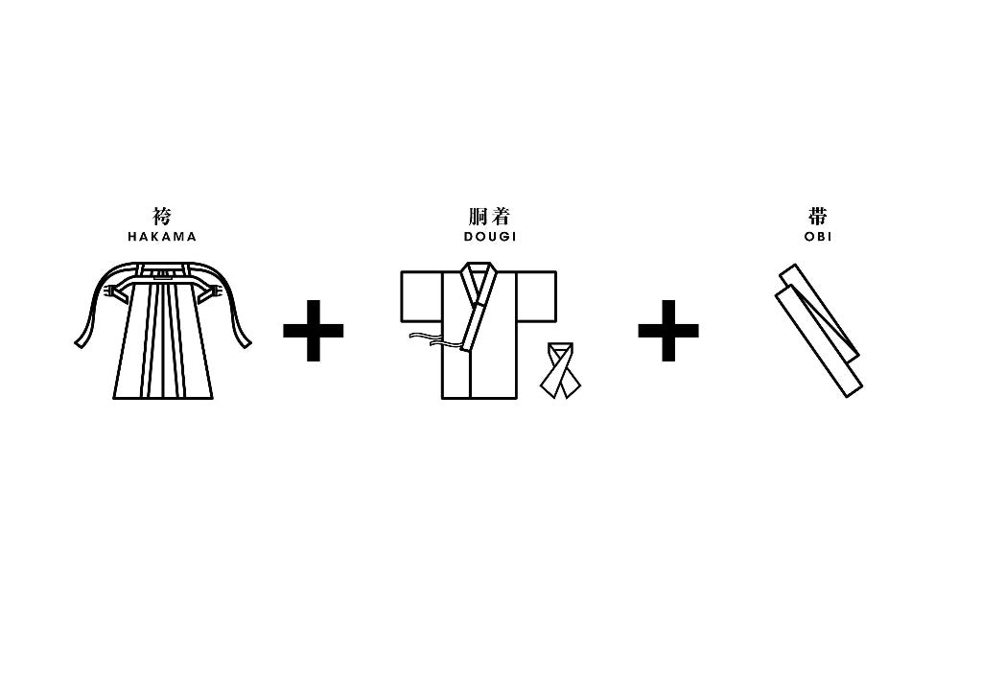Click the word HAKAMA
click(162, 237)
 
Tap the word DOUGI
click(490, 237)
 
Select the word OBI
click(818, 237)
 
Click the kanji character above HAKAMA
click(162, 217)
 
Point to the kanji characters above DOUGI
click(490, 217)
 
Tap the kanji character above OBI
click(818, 217)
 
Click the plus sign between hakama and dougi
click(314, 331)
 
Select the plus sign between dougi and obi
click(668, 331)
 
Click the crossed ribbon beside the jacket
click(560, 370)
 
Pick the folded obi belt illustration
click(819, 331)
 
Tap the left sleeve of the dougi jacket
click(422, 296)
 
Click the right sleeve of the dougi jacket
click(536, 296)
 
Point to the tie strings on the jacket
click(434, 340)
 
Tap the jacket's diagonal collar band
click(479, 307)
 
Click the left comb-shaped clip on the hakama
click(113, 292)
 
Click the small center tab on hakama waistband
click(163, 273)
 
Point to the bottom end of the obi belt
click(853, 389)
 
